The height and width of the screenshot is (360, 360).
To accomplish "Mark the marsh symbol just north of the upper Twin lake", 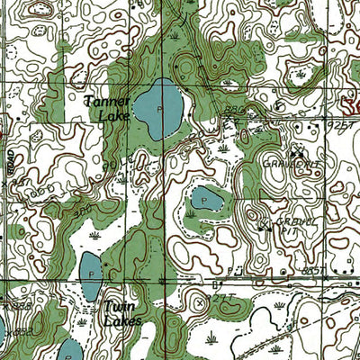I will click(94, 236).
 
